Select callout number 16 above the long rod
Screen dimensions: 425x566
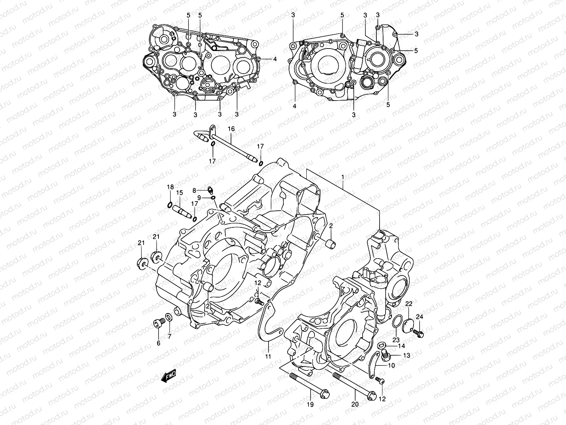click(x=231, y=130)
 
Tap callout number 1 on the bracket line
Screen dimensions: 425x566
click(x=342, y=176)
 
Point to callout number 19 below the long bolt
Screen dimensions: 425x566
click(x=311, y=404)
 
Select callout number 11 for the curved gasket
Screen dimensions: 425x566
click(x=268, y=357)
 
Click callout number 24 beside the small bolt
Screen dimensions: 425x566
click(x=420, y=316)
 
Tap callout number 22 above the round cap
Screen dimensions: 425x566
click(x=409, y=304)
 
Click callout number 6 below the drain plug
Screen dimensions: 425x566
click(x=158, y=343)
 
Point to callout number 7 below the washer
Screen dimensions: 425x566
click(x=169, y=336)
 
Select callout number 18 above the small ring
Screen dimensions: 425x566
click(x=170, y=187)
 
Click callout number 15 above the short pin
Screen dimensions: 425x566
click(x=179, y=193)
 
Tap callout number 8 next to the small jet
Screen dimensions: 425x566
click(x=194, y=191)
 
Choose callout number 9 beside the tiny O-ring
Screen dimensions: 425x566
click(x=199, y=197)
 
